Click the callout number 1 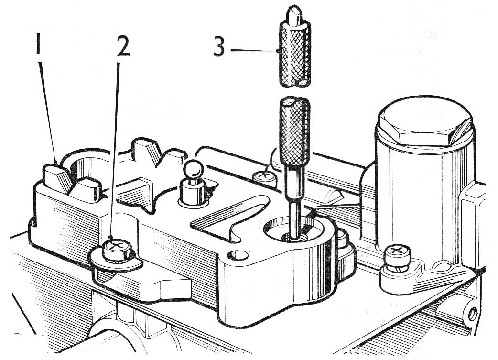(x=38, y=46)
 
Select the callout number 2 (x=123, y=46)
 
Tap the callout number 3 (x=219, y=46)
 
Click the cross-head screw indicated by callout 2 (x=117, y=250)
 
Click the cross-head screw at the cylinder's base (x=397, y=255)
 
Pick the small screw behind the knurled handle (x=264, y=178)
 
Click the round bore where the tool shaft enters (x=292, y=229)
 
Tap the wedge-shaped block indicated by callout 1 (x=58, y=178)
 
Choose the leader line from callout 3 (x=255, y=50)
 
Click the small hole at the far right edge (x=473, y=314)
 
